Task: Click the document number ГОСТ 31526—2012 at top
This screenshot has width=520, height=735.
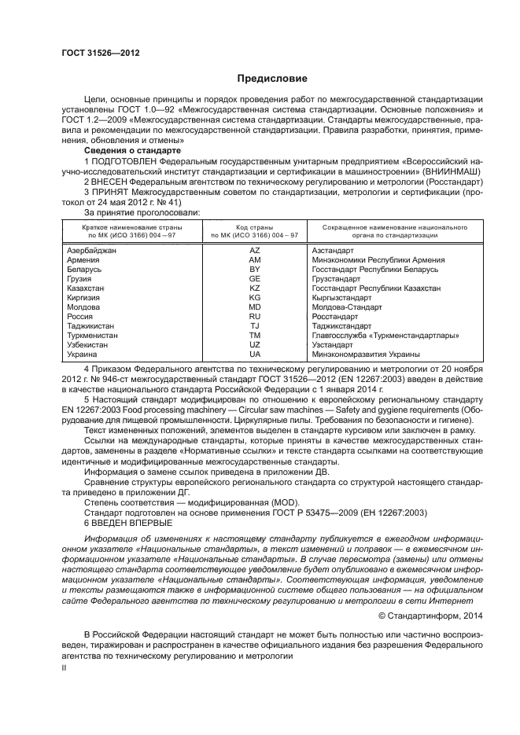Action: coord(96,53)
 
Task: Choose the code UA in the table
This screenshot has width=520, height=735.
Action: coord(254,355)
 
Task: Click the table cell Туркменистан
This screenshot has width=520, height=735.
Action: coord(93,335)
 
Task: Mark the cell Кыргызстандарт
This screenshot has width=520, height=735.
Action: coord(341,298)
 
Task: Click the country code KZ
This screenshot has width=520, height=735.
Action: coord(254,288)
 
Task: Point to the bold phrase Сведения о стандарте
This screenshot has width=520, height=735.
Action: coord(132,150)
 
